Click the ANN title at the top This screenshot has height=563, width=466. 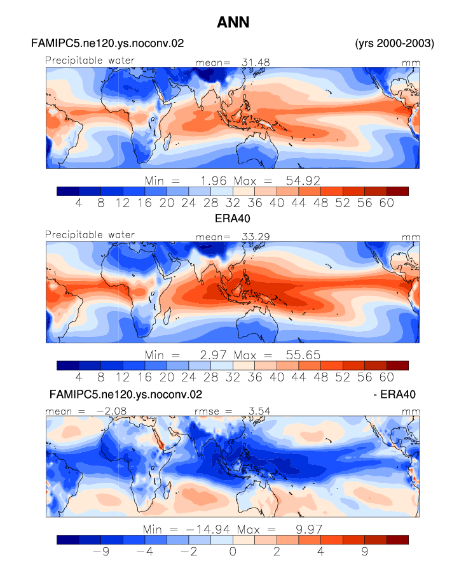click(x=233, y=22)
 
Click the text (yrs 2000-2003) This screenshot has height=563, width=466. click(x=394, y=43)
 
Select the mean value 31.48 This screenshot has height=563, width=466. click(x=256, y=62)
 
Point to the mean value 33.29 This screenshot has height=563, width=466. click(x=256, y=237)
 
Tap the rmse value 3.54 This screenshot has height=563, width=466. click(x=259, y=411)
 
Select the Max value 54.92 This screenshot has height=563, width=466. click(x=303, y=181)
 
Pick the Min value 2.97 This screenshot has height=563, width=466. click(x=213, y=355)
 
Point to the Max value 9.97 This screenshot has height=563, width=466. click(x=309, y=529)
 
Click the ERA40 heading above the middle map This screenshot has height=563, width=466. click(x=233, y=218)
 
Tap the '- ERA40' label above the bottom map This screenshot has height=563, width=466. click(x=394, y=394)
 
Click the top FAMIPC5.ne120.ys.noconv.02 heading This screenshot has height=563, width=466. click(x=107, y=43)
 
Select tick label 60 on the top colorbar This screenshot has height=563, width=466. click(x=387, y=203)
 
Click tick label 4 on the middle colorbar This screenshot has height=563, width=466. click(x=79, y=378)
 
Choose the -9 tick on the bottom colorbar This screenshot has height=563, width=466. click(x=101, y=552)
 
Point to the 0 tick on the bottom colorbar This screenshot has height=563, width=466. click(x=233, y=552)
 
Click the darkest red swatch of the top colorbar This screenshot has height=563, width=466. click(x=397, y=191)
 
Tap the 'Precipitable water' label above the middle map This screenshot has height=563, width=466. click(x=90, y=235)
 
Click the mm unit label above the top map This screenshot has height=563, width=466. click(x=411, y=63)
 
